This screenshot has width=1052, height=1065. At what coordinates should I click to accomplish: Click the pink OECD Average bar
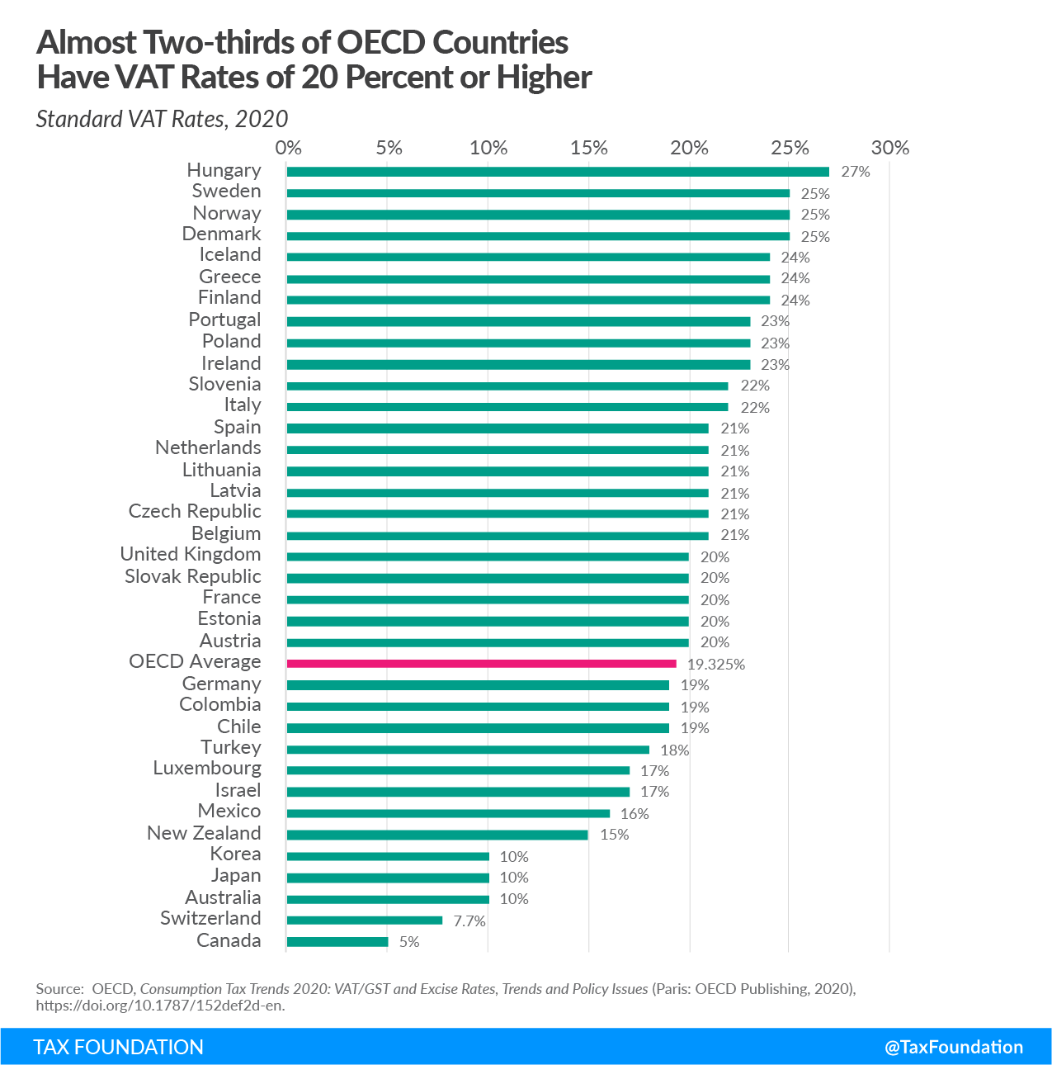tap(481, 663)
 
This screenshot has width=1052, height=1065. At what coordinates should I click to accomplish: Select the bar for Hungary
tap(558, 172)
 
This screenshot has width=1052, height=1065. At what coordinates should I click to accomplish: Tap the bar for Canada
tap(337, 941)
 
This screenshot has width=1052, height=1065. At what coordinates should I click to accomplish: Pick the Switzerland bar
tap(365, 920)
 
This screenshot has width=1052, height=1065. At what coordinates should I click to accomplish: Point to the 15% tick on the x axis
tap(589, 148)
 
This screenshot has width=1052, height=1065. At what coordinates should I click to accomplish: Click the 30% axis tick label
tap(890, 148)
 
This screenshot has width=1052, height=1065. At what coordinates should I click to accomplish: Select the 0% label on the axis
tap(288, 148)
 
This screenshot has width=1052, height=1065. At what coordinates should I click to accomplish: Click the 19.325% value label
tap(716, 665)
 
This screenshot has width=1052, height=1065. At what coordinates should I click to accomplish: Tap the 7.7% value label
tap(469, 921)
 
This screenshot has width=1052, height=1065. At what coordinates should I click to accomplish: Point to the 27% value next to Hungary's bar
tap(856, 173)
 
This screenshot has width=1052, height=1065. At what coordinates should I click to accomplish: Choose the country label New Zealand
tap(204, 833)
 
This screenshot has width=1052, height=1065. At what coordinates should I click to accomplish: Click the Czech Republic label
tap(195, 511)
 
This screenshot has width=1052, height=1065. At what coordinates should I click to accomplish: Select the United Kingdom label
tap(191, 554)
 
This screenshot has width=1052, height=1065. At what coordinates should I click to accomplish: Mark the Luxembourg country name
tap(207, 768)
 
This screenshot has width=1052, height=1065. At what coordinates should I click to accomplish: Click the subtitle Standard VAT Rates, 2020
tap(163, 119)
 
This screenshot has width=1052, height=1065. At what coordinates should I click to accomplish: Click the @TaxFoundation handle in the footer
tap(954, 1047)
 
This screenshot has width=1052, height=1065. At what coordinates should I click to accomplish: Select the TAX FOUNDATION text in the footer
tap(119, 1047)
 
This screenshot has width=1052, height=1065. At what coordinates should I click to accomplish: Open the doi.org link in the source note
tap(160, 1006)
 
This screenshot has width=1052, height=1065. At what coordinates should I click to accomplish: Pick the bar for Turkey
tap(468, 749)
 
